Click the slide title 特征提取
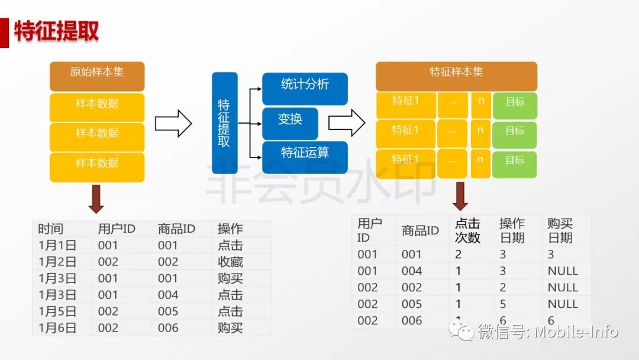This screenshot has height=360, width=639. tap(57, 31)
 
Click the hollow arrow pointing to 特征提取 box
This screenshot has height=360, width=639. tap(173, 123)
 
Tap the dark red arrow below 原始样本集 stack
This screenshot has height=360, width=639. tap(96, 199)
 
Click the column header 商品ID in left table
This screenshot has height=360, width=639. tap(177, 229)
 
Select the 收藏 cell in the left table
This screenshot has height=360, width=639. tap(230, 262)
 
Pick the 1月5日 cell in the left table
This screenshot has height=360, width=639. tap(57, 311)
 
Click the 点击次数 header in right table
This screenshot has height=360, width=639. tap(467, 230)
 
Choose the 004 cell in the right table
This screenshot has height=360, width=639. tap(412, 271)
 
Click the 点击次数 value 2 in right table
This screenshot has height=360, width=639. tap(459, 255)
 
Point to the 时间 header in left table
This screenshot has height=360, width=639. tap(50, 229)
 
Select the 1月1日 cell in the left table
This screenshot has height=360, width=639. tap(57, 245)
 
